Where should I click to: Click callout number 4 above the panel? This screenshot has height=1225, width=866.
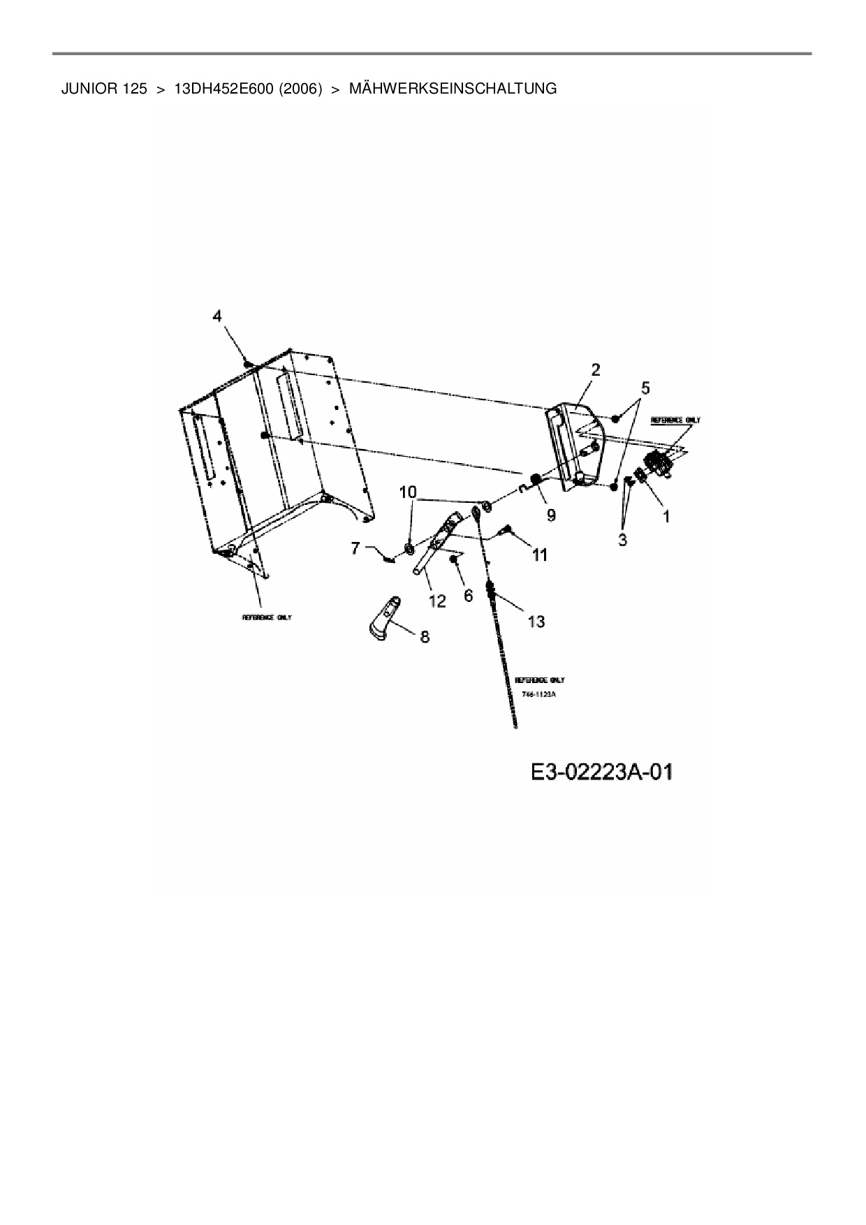point(218,316)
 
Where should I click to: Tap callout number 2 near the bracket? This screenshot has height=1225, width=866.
point(595,370)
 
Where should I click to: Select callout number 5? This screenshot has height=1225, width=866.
point(645,388)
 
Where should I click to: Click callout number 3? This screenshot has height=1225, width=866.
point(622,539)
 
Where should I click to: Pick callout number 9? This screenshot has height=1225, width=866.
point(551,515)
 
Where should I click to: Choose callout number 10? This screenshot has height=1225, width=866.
point(408,492)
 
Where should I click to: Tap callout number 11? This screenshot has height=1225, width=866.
point(539,555)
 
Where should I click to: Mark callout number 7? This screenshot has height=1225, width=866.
point(355,548)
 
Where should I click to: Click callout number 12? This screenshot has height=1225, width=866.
point(437,601)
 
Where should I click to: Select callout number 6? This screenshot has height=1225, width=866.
point(468,594)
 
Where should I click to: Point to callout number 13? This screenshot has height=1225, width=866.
point(536,621)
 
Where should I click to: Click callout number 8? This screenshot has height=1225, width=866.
point(424,636)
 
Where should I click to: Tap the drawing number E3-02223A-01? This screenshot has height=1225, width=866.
point(601,772)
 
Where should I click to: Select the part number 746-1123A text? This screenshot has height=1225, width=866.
point(538,695)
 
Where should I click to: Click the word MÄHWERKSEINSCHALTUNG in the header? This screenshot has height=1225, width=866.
point(453,89)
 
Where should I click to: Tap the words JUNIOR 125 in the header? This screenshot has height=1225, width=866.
point(104,89)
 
